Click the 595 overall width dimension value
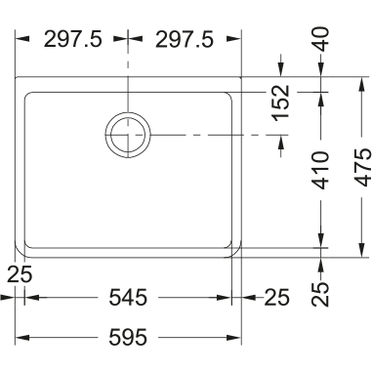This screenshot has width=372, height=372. click(128, 337)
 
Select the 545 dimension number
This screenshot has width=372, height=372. click(128, 298)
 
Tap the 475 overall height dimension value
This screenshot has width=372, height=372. click(363, 168)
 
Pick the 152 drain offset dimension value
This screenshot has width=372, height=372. click(282, 103)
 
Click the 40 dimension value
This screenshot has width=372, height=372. click(321, 40)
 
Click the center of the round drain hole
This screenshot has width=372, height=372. click(128, 135)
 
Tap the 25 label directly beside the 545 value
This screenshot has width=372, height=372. click(276, 298)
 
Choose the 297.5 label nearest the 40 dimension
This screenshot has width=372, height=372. click(185, 39)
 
